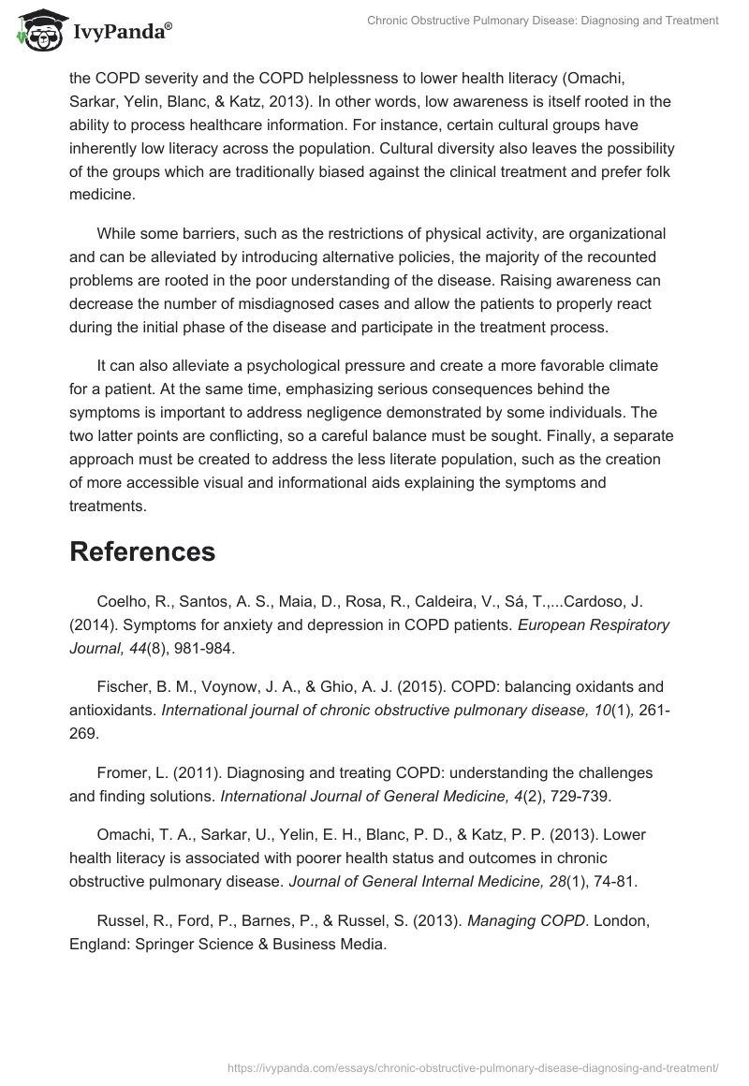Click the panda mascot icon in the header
tap(36, 31)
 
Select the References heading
tap(142, 551)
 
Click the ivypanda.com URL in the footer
tap(474, 1066)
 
